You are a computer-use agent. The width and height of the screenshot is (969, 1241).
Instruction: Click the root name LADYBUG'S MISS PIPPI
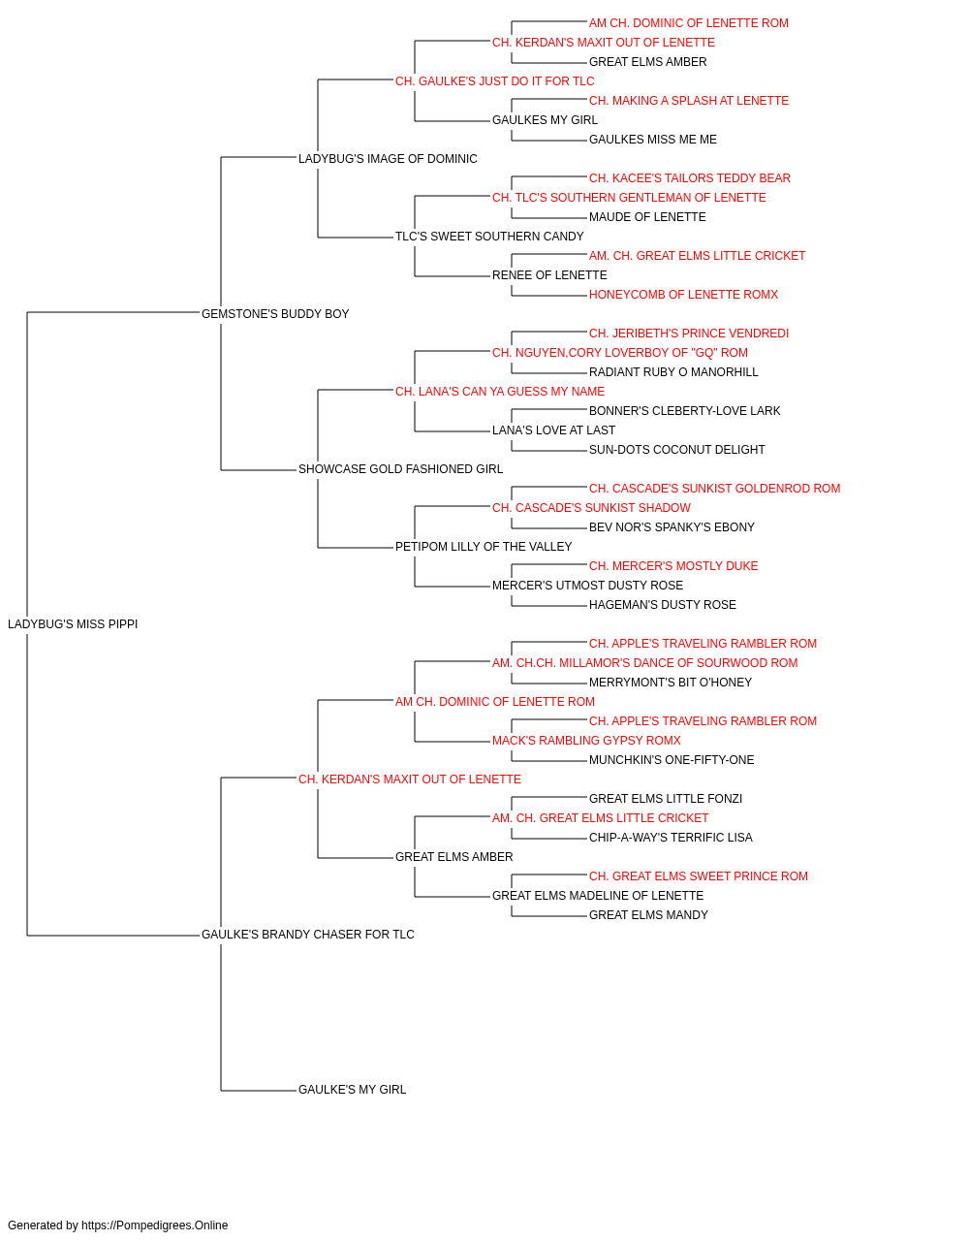[x=73, y=624]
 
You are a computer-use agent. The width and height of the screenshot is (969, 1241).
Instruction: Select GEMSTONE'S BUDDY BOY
[x=275, y=314]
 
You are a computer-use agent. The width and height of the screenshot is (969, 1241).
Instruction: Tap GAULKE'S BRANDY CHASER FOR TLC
[x=307, y=935]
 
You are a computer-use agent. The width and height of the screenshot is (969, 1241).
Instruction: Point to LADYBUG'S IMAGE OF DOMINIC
[x=388, y=159]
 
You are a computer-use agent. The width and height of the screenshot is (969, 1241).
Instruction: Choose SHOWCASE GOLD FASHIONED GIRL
[x=400, y=469]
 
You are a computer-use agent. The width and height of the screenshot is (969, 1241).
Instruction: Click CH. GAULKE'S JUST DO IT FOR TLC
[x=495, y=81]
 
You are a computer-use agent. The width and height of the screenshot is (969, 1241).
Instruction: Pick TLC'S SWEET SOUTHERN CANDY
[x=489, y=237]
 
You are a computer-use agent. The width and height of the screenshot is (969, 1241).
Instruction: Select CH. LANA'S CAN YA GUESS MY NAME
[x=500, y=391]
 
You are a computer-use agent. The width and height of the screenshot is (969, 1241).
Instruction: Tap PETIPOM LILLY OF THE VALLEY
[x=484, y=547]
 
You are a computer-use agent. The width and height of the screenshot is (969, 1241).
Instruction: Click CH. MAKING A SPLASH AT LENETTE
[x=689, y=101]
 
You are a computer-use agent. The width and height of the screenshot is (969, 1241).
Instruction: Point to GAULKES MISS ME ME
[x=653, y=140]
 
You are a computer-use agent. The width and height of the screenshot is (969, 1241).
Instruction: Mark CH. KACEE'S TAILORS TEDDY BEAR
[x=690, y=178]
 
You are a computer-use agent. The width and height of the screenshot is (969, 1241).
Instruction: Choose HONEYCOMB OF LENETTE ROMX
[x=684, y=295]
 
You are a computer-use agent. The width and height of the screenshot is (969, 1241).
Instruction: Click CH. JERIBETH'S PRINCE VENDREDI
[x=689, y=334]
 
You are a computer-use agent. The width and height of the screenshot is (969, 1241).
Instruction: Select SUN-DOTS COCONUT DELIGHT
[x=676, y=450]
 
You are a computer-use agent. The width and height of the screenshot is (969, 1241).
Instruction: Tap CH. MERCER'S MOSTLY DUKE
[x=673, y=566]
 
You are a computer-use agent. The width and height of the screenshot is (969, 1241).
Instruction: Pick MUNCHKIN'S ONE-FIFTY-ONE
[x=672, y=759]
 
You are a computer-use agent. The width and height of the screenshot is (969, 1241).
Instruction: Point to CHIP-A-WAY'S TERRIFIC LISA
[x=671, y=838]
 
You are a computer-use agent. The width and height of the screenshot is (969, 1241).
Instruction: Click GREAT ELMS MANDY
[x=648, y=915]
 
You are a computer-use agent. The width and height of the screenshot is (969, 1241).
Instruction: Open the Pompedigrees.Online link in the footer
[x=155, y=1225]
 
